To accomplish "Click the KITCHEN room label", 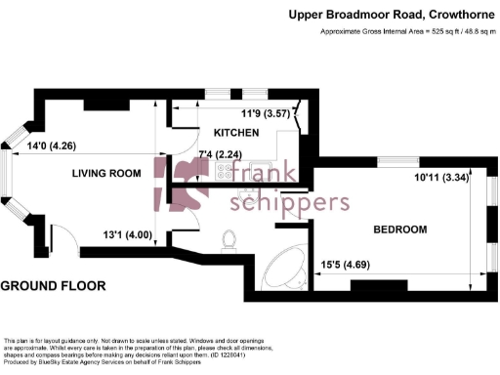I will coord(237,133).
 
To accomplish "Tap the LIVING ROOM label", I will coord(106,173).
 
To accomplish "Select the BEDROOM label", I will coord(400,229).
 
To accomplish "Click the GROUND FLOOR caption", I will coord(53,286).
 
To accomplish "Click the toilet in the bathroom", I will coord(231,239).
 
